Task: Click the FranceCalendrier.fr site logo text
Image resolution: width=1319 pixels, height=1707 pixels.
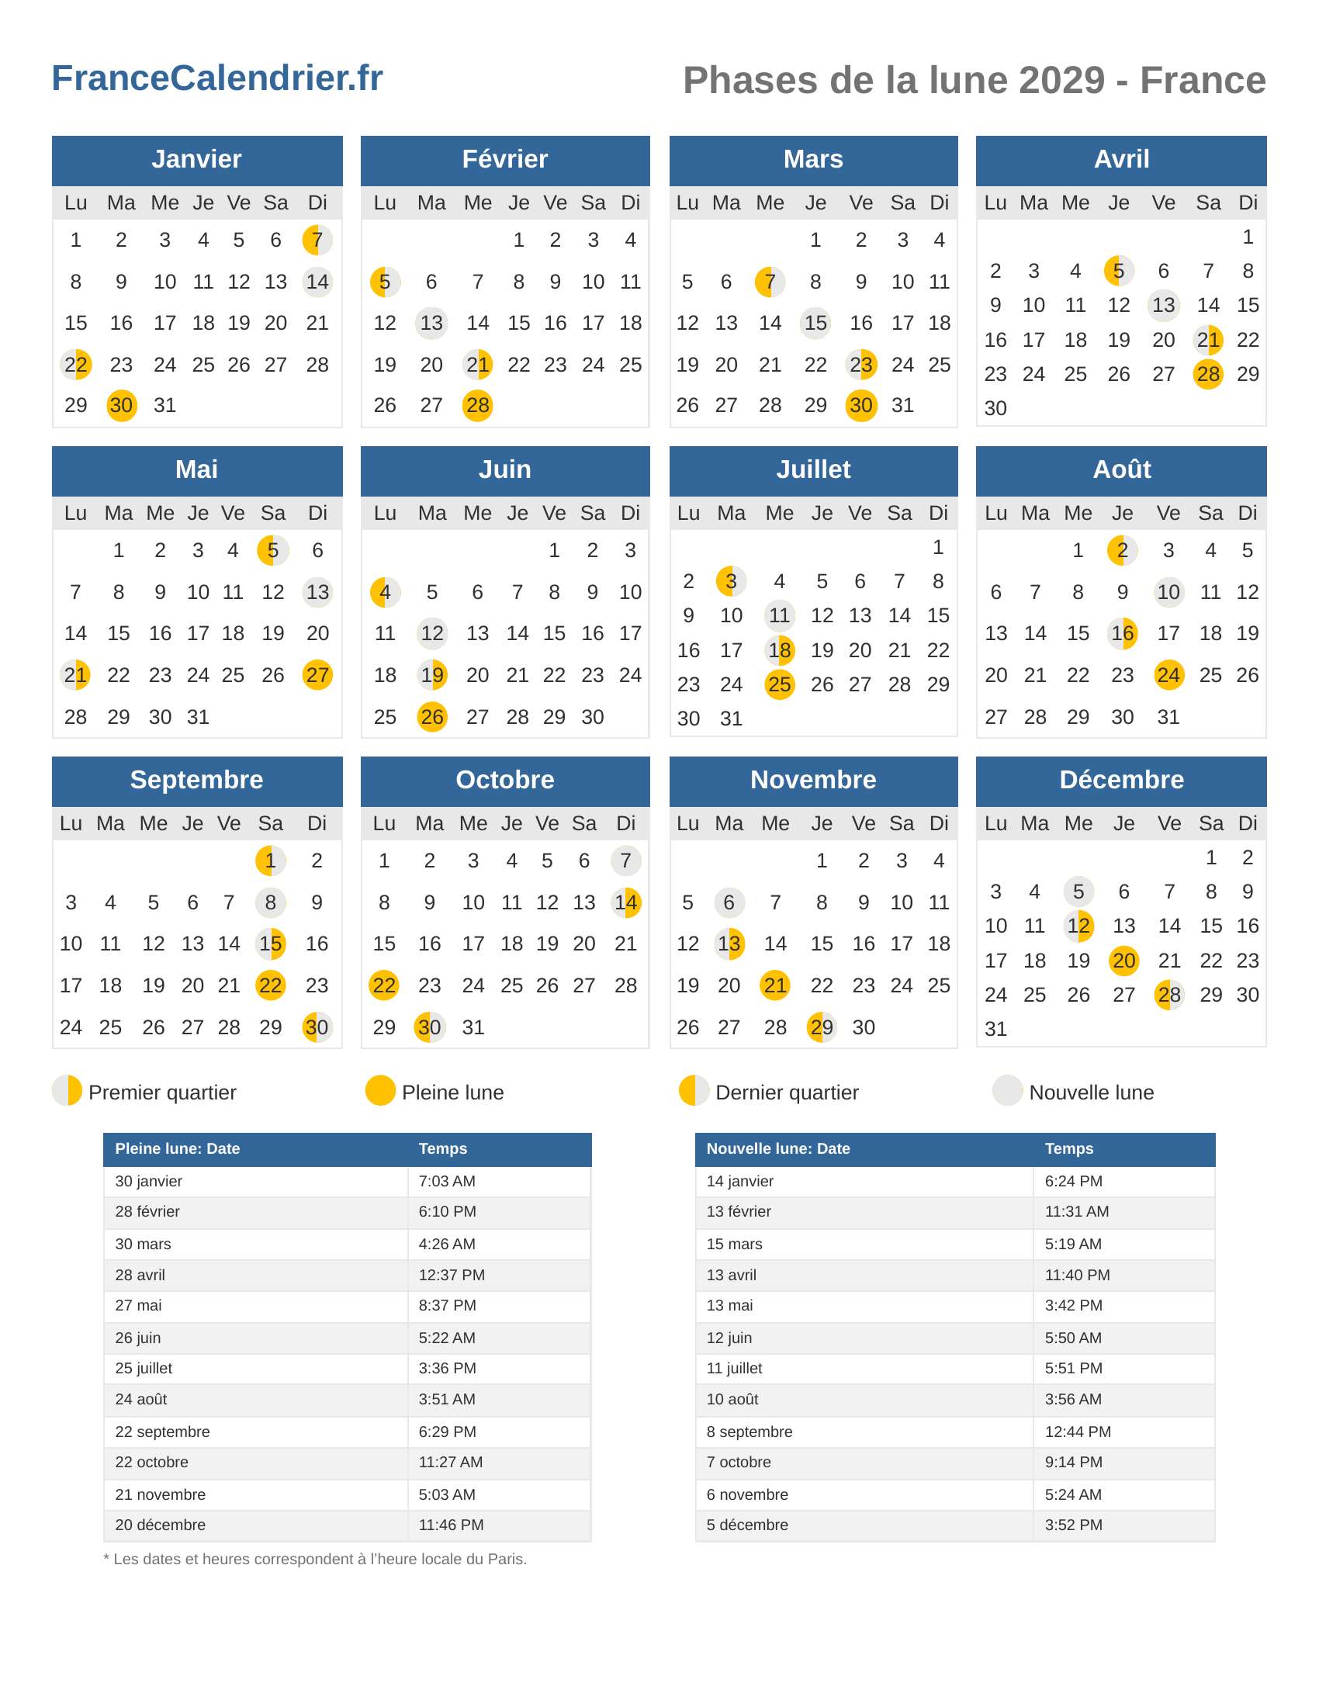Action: coord(217,78)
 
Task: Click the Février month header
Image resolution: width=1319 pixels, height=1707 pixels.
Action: coord(505,159)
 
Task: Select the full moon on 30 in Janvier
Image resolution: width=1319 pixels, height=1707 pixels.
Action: coord(121,405)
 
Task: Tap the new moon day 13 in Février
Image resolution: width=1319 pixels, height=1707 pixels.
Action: coord(431,323)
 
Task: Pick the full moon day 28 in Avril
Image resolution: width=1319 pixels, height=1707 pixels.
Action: coord(1208,374)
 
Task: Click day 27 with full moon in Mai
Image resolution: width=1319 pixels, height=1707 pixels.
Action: coord(317,674)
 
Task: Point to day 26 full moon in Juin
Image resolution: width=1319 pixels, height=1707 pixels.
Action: coord(432,717)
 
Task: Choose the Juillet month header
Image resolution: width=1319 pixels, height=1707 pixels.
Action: coord(812,469)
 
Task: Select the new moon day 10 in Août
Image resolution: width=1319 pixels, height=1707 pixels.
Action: coord(1168,592)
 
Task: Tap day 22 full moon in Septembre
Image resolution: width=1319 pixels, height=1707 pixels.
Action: coord(270,985)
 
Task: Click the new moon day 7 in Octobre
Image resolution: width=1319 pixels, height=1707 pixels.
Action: coord(626,860)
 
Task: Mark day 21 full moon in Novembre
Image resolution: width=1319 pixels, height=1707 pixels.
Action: coord(775,985)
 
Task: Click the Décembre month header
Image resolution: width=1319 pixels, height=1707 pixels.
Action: coord(1121,780)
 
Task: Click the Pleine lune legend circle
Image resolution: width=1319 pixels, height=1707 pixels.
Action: coord(380,1090)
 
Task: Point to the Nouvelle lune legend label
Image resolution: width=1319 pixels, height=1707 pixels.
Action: coord(1091,1092)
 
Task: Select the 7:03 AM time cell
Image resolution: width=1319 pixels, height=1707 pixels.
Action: coord(447,1181)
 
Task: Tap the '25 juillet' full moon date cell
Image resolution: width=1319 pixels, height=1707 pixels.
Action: coord(144,1368)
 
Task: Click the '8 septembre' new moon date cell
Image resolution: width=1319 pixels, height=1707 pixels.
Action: coord(750,1431)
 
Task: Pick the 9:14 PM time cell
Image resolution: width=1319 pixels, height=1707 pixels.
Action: coord(1074,1462)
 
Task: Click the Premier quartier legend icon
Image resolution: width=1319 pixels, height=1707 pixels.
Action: coord(68,1090)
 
